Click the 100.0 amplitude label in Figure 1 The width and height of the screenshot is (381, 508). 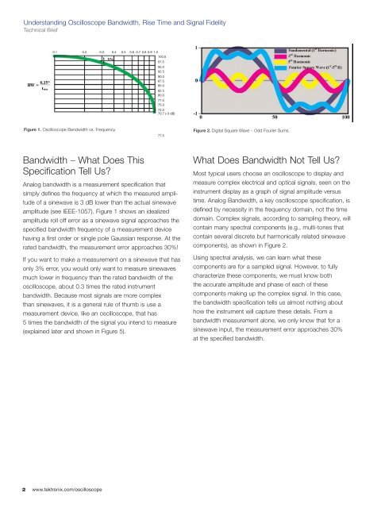click(x=162, y=57)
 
